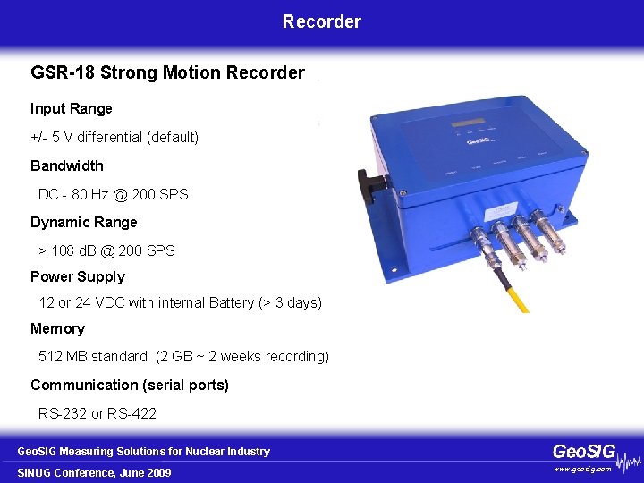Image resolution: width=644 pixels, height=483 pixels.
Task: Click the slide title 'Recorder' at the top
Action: pyautogui.click(x=322, y=21)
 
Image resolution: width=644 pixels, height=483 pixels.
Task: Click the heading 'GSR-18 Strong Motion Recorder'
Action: pyautogui.click(x=167, y=72)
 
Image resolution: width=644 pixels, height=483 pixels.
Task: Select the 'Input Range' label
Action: pyautogui.click(x=72, y=109)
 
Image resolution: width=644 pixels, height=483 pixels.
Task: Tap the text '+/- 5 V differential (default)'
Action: pyautogui.click(x=114, y=138)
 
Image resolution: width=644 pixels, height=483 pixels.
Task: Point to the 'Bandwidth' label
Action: pyautogui.click(x=67, y=165)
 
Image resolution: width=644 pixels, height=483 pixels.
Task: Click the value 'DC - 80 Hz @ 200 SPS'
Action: pyautogui.click(x=114, y=194)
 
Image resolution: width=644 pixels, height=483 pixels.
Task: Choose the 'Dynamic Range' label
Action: pyautogui.click(x=84, y=222)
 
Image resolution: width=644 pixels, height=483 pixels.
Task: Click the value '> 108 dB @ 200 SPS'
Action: pyautogui.click(x=107, y=250)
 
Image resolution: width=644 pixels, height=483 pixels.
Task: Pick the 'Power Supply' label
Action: pyautogui.click(x=78, y=277)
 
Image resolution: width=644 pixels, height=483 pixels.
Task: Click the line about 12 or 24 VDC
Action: pyautogui.click(x=180, y=303)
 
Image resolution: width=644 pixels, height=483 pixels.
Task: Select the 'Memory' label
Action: pyautogui.click(x=57, y=329)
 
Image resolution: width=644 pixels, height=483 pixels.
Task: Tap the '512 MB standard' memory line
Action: pyautogui.click(x=183, y=357)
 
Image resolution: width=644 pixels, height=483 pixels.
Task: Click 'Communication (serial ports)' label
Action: pyautogui.click(x=130, y=385)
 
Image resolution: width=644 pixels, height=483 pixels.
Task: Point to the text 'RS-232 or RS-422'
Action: pyautogui.click(x=97, y=413)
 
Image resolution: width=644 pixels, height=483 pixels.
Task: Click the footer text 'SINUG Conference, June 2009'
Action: pyautogui.click(x=94, y=472)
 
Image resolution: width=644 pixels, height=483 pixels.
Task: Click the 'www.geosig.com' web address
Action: pyautogui.click(x=582, y=469)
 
